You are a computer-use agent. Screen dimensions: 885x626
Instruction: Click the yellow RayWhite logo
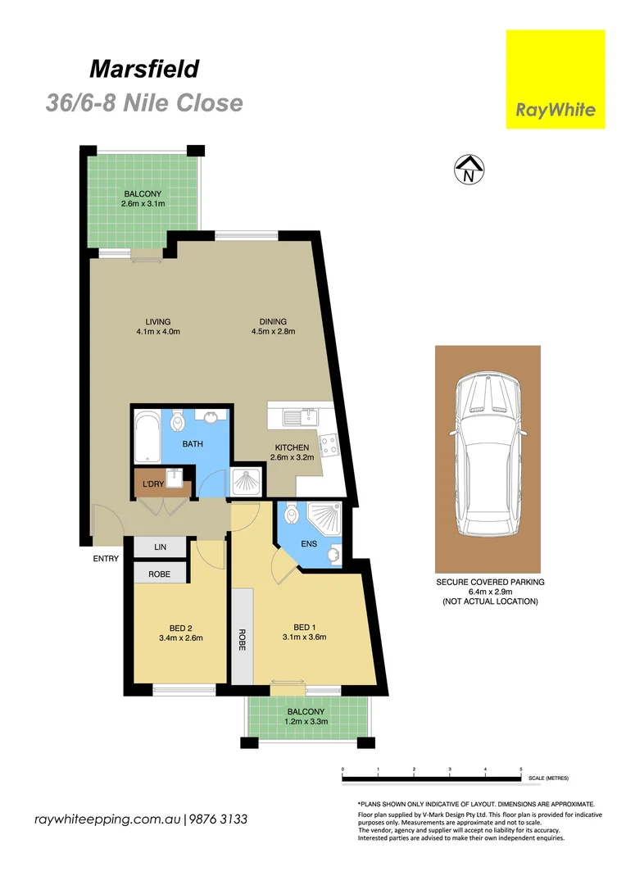pos(555,79)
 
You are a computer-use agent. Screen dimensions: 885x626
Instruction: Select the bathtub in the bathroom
pos(147,437)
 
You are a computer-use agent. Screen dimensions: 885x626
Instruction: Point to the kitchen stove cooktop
pos(329,445)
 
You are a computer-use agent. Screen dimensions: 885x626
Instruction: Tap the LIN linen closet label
pos(160,546)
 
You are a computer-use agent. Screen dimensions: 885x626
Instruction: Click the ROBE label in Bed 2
pos(160,574)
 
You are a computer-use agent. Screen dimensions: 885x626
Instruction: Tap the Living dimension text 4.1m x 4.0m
pos(158,332)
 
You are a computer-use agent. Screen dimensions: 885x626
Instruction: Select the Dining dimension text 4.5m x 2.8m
pos(273,332)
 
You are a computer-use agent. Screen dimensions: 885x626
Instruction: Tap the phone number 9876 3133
pos(219,819)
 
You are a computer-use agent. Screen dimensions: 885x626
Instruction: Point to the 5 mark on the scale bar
pos(521,769)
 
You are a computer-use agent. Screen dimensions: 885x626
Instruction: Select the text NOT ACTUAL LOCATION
pos(489,601)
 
